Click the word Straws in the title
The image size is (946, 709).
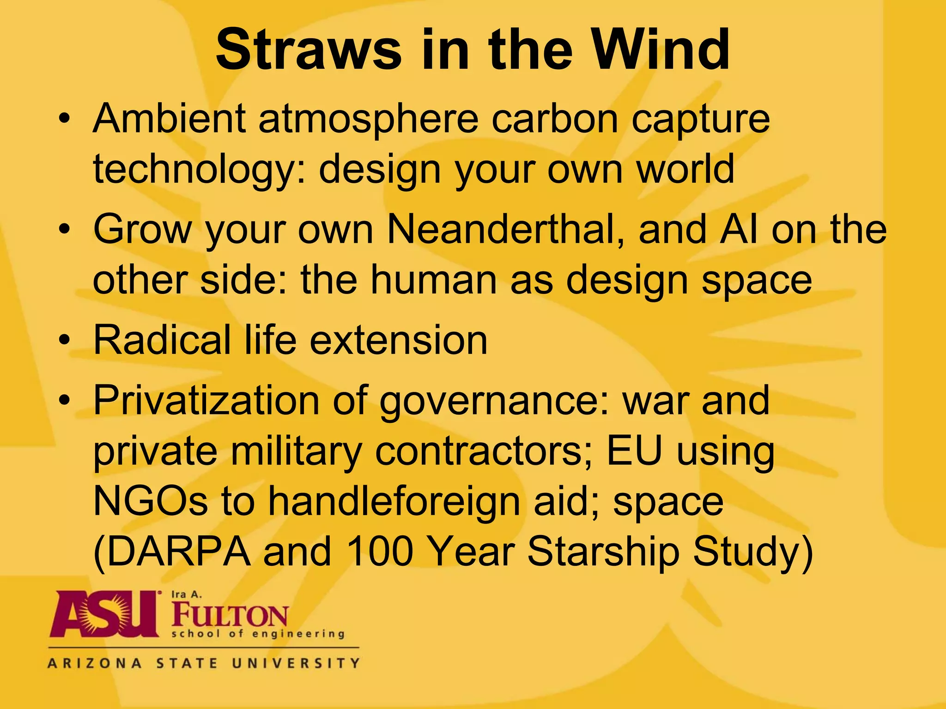point(309,50)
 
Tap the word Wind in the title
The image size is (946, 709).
point(661,50)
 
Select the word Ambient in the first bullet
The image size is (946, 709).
point(169,119)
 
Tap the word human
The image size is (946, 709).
point(434,280)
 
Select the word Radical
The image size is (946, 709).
point(162,340)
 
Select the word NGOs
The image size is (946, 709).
point(151,502)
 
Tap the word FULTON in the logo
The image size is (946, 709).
point(230,616)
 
